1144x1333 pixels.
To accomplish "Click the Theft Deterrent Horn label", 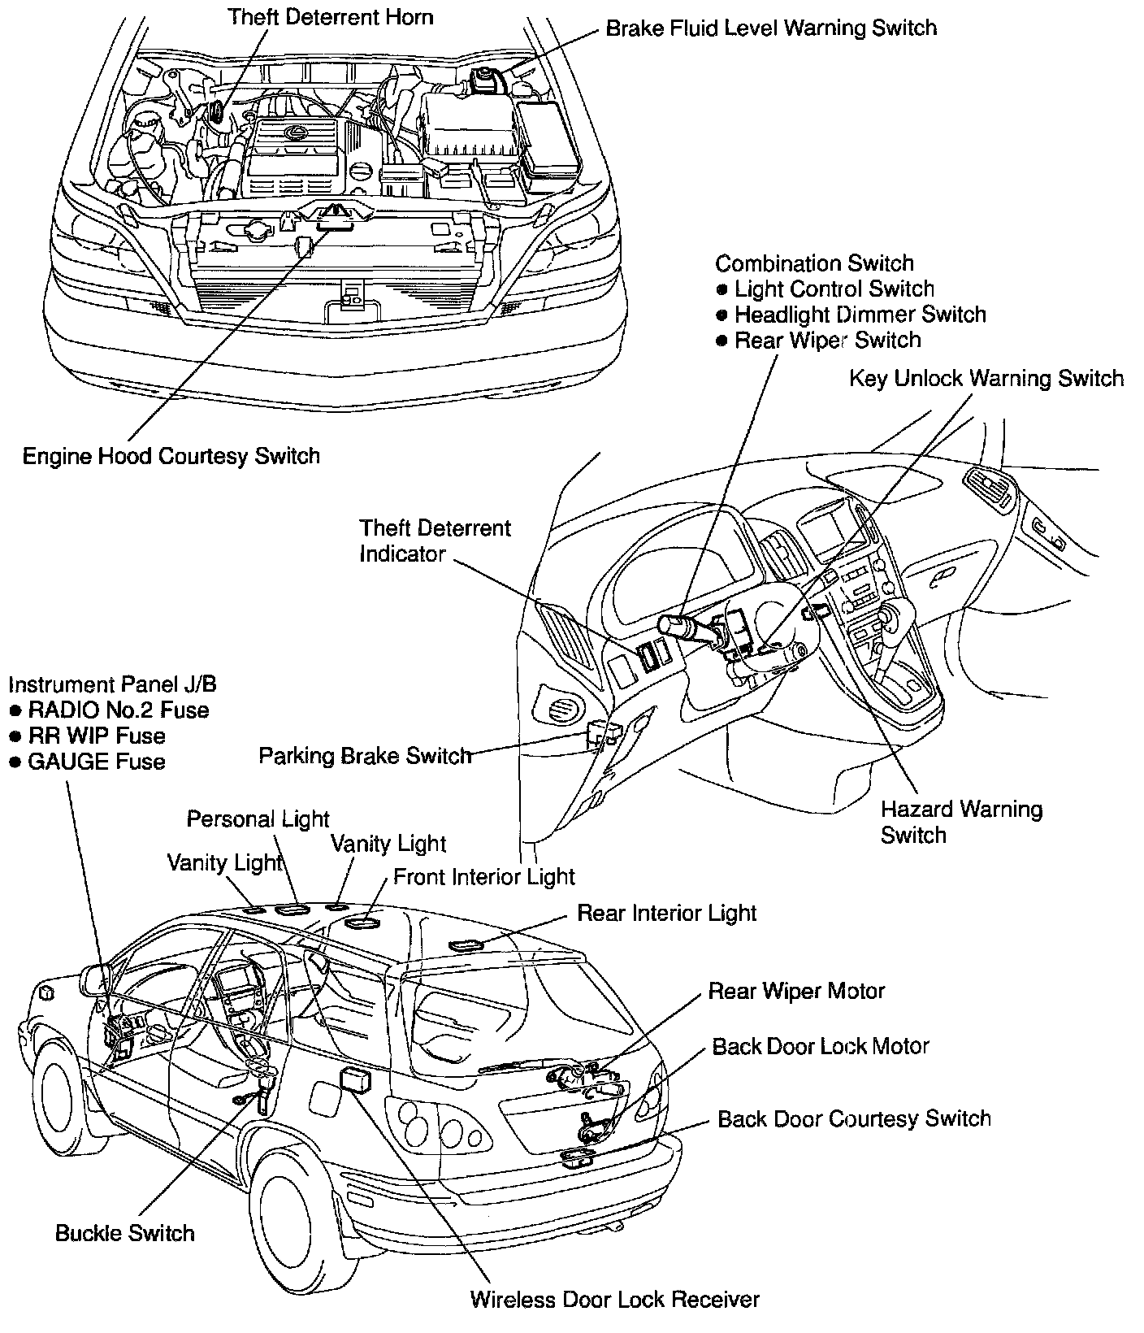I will tap(330, 16).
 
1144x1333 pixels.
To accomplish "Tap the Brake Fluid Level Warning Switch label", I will tap(771, 28).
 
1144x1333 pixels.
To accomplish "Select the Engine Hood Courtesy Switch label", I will tap(171, 456).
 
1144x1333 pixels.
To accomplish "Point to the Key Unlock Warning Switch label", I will tap(986, 379).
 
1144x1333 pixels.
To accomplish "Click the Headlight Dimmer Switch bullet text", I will tap(860, 315).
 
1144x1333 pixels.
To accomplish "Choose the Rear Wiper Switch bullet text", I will tap(827, 341).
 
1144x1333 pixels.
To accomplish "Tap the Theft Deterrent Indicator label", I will tap(435, 541).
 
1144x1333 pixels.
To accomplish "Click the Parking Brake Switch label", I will tap(365, 756).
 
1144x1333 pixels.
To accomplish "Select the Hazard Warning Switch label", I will tap(961, 822).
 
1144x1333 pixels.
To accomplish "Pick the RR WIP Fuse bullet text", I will tap(97, 736).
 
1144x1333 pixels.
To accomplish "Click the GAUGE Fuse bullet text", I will tap(97, 762).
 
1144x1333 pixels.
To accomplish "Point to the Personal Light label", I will tap(258, 818).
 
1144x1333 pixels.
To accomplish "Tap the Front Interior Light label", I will tap(484, 877).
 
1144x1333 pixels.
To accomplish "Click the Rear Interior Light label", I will tap(666, 913).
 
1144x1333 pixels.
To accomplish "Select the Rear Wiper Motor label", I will tap(796, 991).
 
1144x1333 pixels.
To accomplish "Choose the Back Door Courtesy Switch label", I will tap(854, 1118).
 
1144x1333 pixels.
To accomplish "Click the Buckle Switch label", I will tap(125, 1233).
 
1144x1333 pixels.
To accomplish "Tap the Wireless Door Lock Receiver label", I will tap(615, 1299).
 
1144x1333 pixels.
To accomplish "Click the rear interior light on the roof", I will tap(466, 944).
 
